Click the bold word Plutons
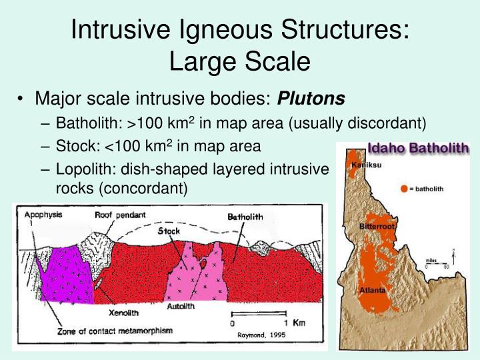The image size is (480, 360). click(x=311, y=99)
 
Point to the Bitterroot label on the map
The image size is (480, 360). click(x=378, y=227)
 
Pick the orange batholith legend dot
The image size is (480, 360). click(x=404, y=189)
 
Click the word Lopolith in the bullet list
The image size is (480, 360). click(x=81, y=171)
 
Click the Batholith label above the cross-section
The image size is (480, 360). click(x=245, y=217)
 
